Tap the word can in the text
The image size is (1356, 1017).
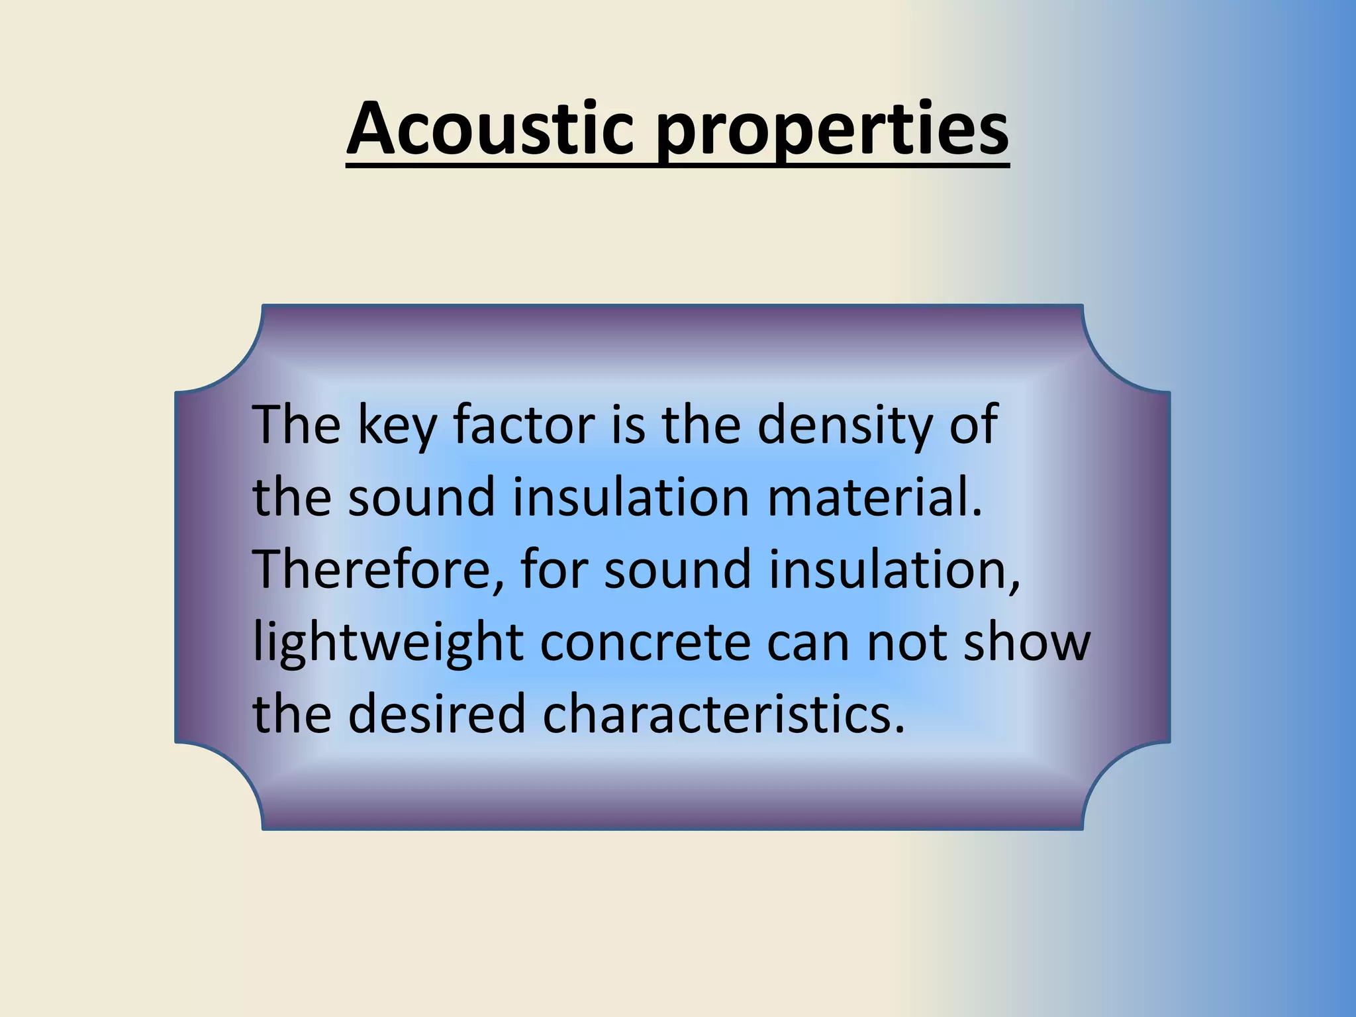coord(807,644)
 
